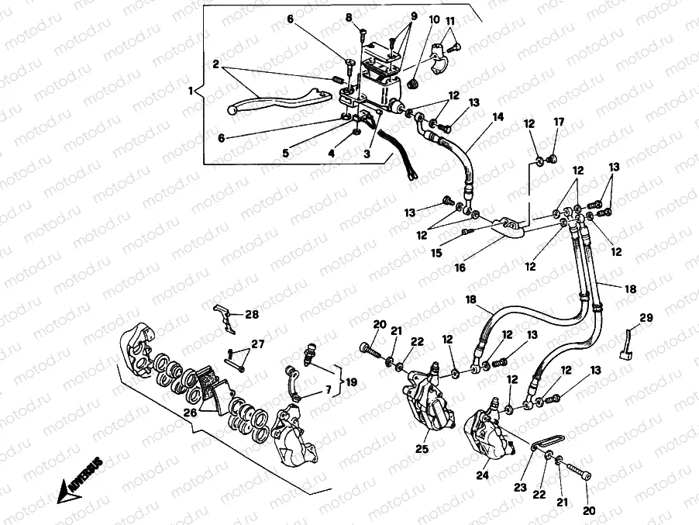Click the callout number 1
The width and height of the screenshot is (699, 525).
point(191,91)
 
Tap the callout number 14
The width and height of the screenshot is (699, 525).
point(498,117)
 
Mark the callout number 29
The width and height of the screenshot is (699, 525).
point(646,317)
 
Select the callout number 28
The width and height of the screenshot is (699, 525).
point(252,314)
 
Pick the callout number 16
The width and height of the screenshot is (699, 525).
point(460,268)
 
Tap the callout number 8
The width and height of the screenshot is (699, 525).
point(349,17)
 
